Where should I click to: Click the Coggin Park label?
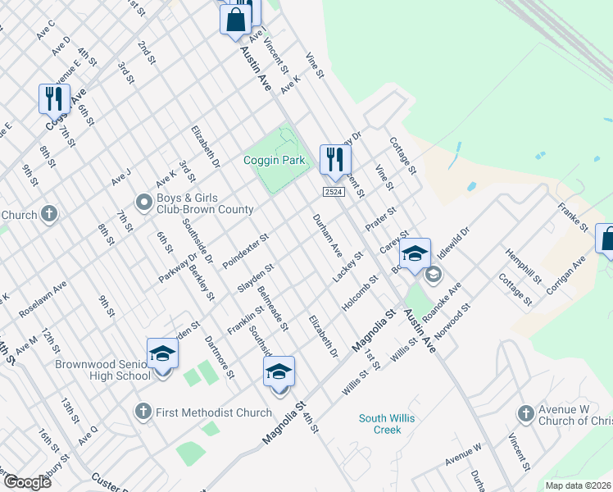pyautogui.click(x=274, y=160)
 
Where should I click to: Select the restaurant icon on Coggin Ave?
pyautogui.click(x=54, y=98)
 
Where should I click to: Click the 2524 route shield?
pyautogui.click(x=332, y=191)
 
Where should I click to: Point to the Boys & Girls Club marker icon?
pyautogui.click(x=143, y=202)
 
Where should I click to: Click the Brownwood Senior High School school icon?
pyautogui.click(x=162, y=353)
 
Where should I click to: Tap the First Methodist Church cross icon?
pyautogui.click(x=143, y=412)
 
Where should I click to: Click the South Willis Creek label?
pyautogui.click(x=386, y=424)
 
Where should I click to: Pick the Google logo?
pyautogui.click(x=28, y=482)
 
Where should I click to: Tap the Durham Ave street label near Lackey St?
pyautogui.click(x=328, y=236)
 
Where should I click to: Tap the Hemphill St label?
pyautogui.click(x=524, y=266)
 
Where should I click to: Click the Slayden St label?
pyautogui.click(x=255, y=276)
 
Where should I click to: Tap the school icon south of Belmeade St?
pyautogui.click(x=279, y=373)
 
